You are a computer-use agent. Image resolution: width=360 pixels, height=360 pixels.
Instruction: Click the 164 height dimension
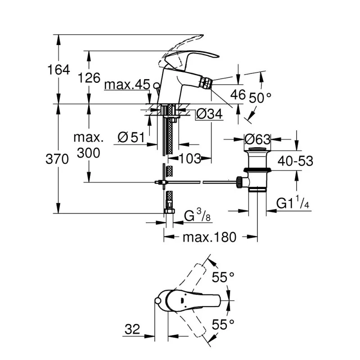[59, 70]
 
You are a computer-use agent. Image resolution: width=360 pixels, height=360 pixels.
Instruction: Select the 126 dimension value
[89, 77]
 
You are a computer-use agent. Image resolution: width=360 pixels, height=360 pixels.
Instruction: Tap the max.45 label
[126, 85]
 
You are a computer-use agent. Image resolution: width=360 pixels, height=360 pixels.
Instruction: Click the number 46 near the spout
[238, 94]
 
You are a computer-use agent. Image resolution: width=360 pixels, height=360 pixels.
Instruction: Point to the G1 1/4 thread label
[292, 203]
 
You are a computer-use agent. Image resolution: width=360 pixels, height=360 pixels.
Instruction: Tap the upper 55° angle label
[224, 278]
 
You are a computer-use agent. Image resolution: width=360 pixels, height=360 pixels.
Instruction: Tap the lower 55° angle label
[224, 324]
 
